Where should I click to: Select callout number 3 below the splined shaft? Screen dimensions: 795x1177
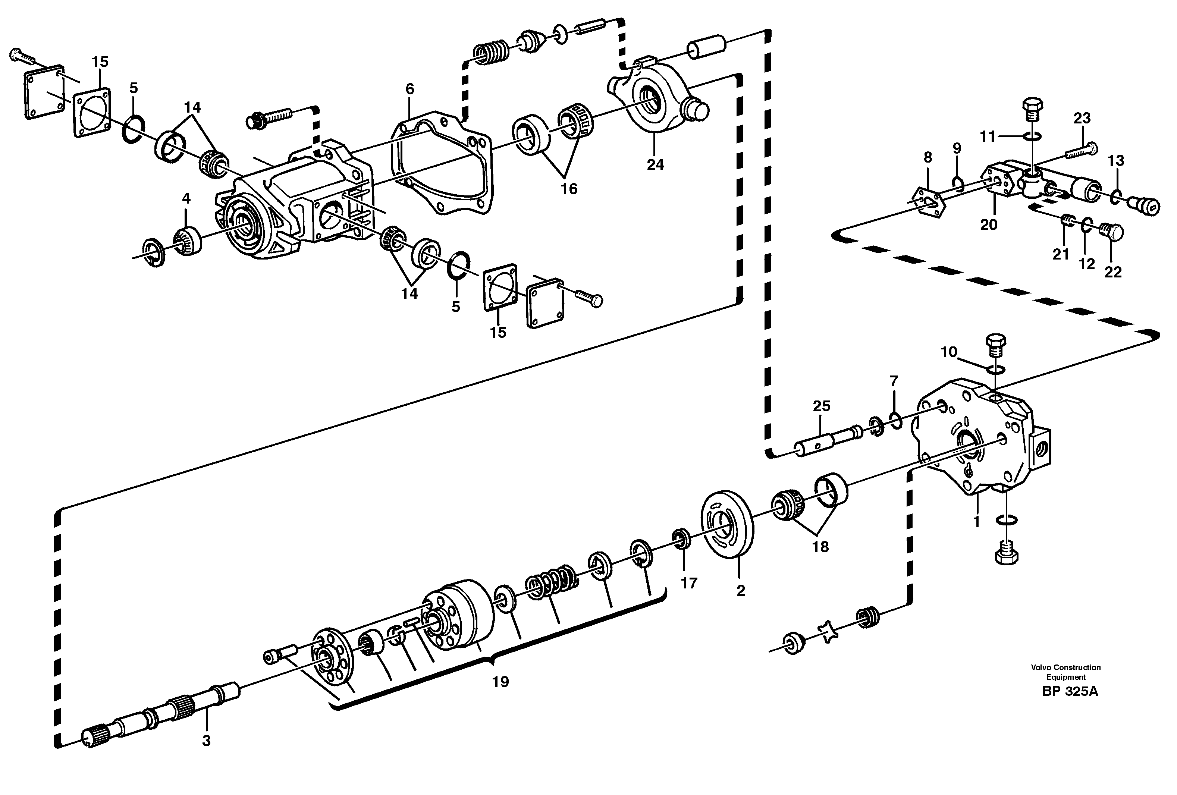point(206,741)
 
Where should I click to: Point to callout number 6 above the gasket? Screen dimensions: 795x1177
point(410,89)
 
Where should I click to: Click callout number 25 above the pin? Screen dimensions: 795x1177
point(822,406)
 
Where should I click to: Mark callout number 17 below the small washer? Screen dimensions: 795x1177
point(689,583)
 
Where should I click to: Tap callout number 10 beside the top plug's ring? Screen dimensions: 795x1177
point(949,352)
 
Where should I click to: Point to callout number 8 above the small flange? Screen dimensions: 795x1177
point(928,157)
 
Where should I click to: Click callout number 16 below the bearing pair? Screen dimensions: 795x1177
point(569,189)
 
